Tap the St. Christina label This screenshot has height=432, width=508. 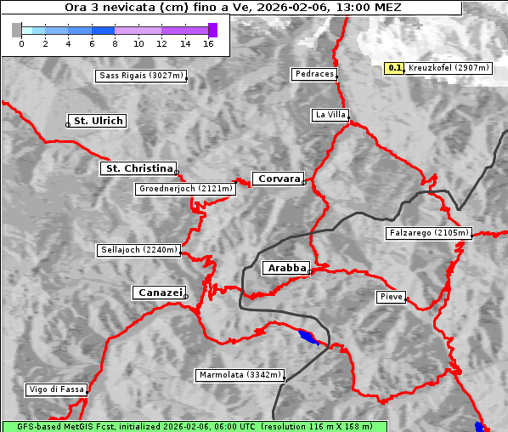coord(138,168)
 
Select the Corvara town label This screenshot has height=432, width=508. coord(278,179)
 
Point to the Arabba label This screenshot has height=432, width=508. coord(286,268)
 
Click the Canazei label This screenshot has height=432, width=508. coord(159,293)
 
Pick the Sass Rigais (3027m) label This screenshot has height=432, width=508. coord(141,76)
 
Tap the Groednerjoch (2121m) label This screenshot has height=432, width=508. coord(184,189)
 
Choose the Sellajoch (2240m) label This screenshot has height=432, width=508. coord(138,250)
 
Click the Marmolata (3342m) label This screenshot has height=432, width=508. coord(240,375)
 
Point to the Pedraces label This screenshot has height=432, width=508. coord(314,74)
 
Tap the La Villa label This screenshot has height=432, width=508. coord(330,115)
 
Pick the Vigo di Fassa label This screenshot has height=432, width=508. coord(56,389)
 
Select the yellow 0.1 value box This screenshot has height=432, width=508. coord(394,68)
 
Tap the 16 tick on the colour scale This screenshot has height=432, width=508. coord(208,43)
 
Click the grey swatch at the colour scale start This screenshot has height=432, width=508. coord(16,30)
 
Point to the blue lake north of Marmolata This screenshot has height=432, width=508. coord(308,338)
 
